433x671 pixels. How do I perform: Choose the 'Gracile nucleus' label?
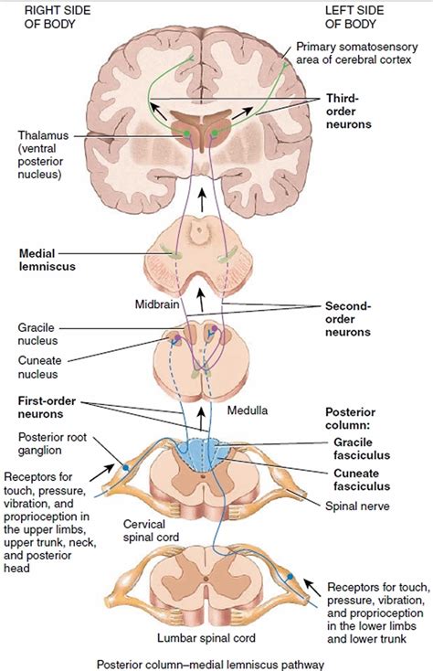pyautogui.click(x=39, y=334)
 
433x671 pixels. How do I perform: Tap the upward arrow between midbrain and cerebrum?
pyautogui.click(x=203, y=201)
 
